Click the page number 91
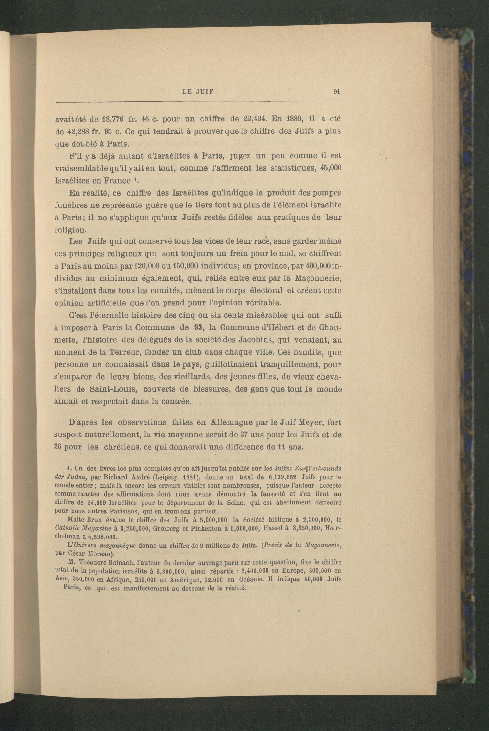[336, 92]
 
